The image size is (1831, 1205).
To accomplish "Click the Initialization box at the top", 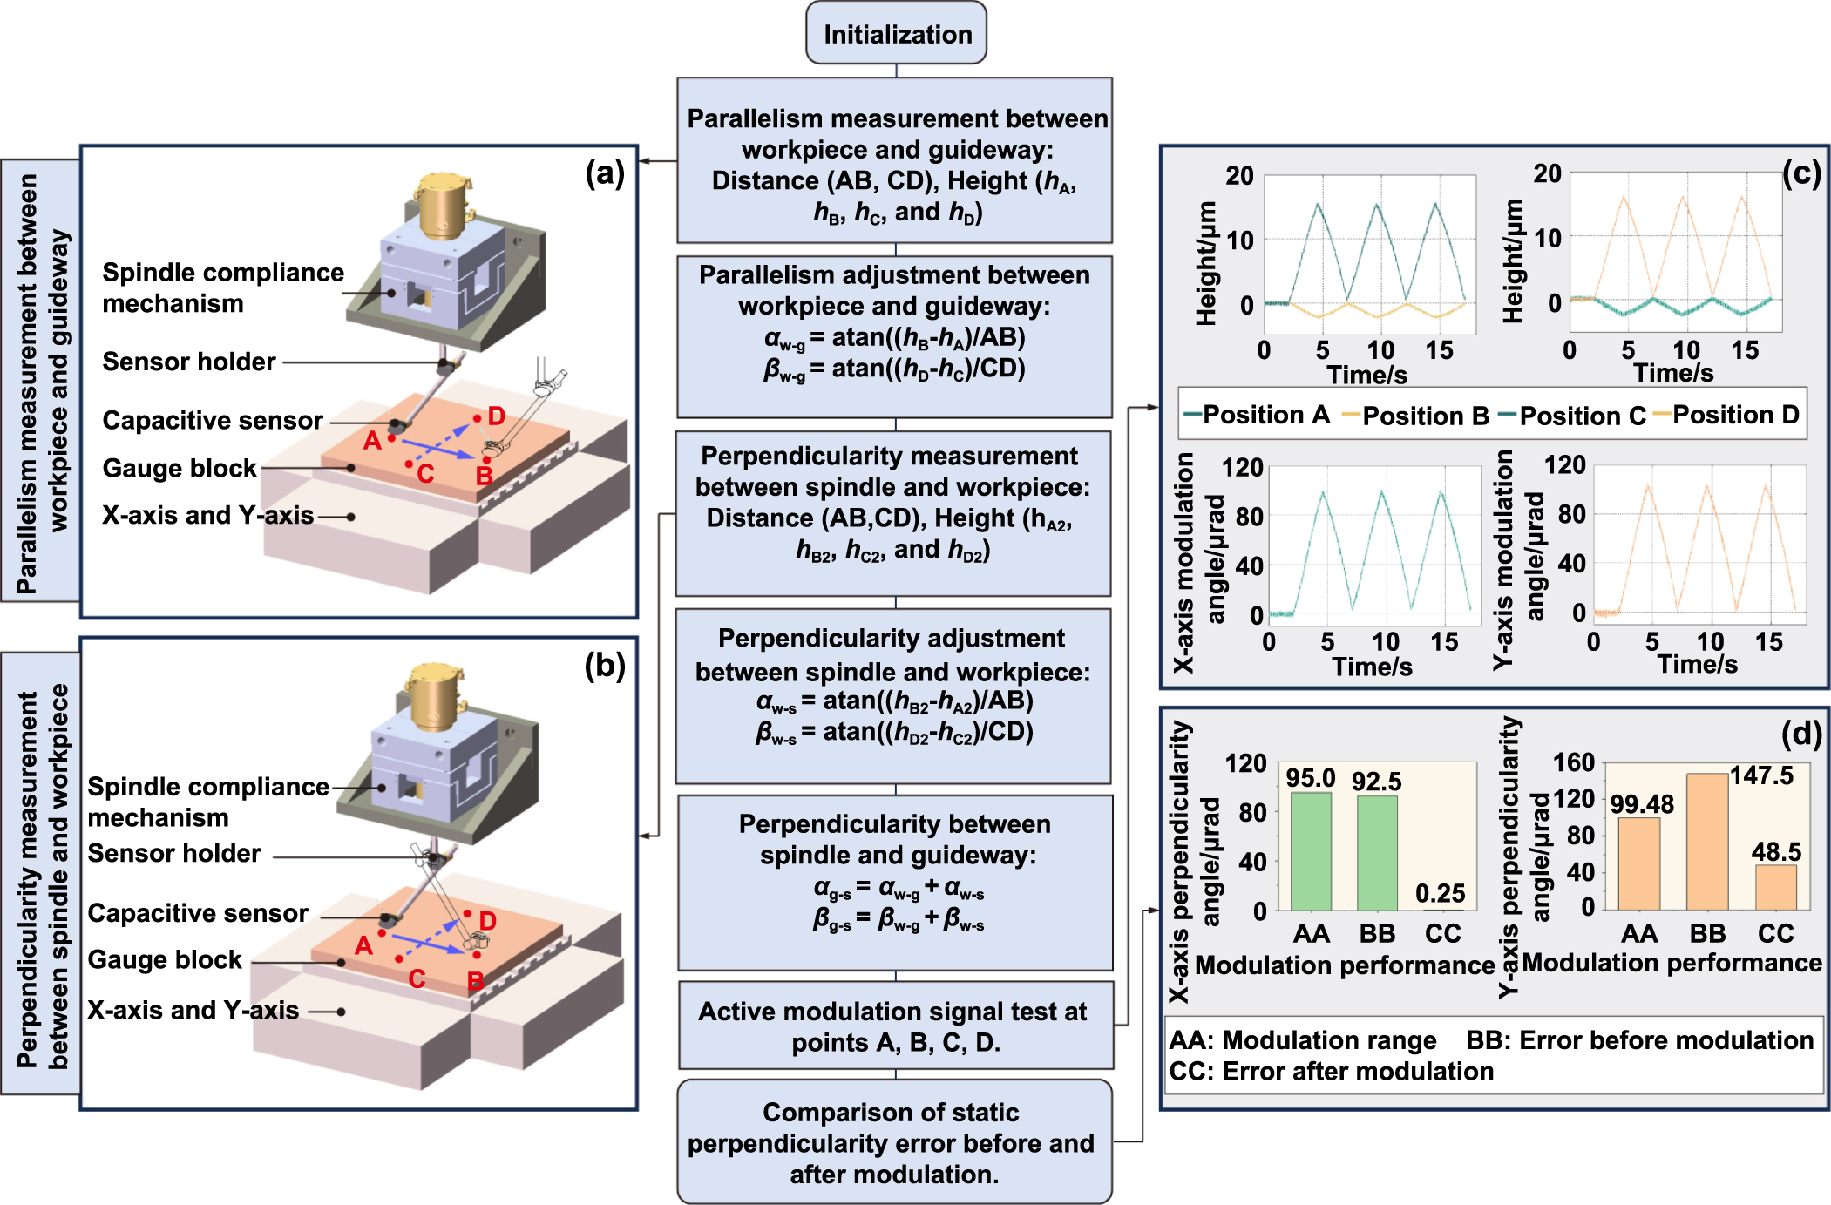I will [x=896, y=34].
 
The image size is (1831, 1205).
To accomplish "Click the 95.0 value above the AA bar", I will [x=1311, y=778].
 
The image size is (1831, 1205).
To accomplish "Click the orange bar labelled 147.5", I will [x=1707, y=841].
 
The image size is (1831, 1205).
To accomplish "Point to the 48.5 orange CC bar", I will [x=1775, y=887].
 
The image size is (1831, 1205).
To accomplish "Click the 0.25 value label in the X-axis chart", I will [x=1440, y=893].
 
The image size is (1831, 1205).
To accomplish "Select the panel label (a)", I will [x=605, y=173].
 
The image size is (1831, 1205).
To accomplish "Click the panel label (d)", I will [x=1800, y=734].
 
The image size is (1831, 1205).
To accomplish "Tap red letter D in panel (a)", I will [x=496, y=416].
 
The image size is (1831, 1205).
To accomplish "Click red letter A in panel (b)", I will [x=363, y=945].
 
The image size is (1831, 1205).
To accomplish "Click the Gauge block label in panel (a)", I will [x=180, y=468].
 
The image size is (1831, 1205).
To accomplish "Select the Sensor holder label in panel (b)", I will [x=174, y=853].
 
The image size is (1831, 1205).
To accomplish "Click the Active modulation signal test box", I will [x=895, y=1026].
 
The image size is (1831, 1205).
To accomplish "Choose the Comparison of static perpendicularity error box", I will [x=895, y=1142].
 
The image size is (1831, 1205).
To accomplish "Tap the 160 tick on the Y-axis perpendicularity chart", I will [x=1573, y=763].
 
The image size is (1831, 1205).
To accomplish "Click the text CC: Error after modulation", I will [x=1331, y=1071].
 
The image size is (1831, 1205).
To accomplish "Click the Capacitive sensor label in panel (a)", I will [x=212, y=420].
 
